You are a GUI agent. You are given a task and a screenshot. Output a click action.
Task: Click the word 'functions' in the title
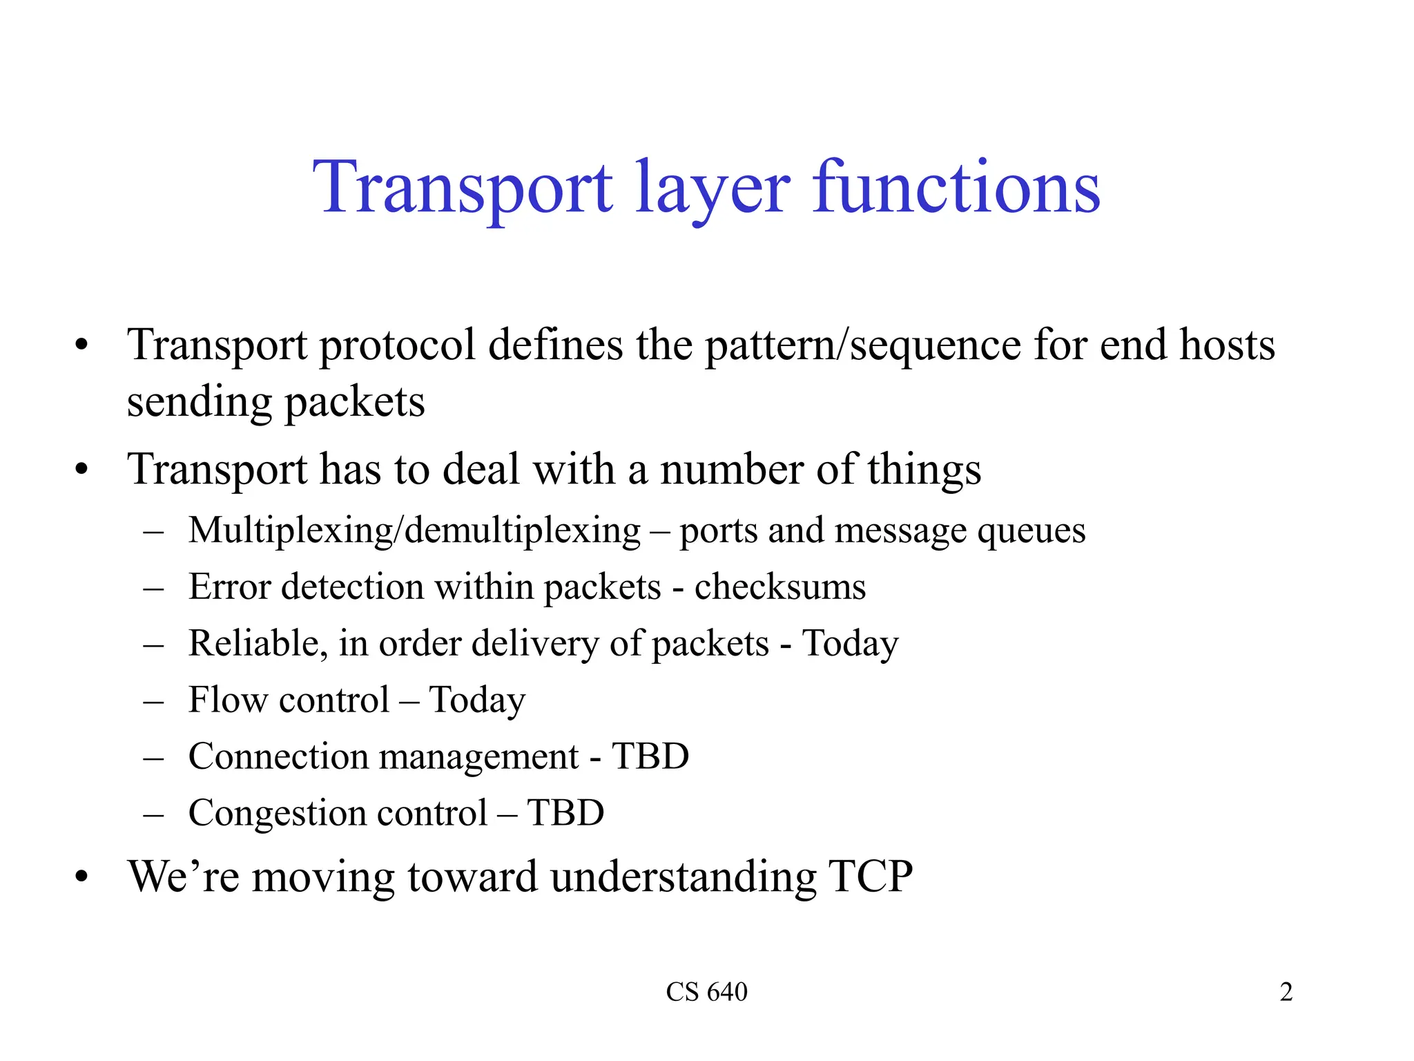tap(956, 187)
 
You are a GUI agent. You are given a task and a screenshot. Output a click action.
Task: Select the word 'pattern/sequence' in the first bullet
tap(862, 345)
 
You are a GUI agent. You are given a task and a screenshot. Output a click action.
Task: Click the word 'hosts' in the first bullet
tap(1227, 345)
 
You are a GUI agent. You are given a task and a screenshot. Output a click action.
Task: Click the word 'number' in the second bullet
tap(731, 470)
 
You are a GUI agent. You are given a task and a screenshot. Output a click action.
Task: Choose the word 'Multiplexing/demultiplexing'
tap(414, 531)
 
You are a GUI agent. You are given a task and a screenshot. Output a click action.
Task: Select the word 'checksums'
tap(779, 587)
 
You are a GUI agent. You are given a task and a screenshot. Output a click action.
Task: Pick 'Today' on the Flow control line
tap(477, 700)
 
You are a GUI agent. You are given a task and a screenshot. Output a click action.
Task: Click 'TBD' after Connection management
tap(650, 756)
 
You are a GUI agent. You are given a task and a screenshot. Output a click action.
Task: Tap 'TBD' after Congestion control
tap(565, 813)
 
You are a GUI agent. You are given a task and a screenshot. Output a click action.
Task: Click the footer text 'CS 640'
tap(706, 992)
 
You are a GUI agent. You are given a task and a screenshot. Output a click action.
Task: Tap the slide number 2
tap(1286, 992)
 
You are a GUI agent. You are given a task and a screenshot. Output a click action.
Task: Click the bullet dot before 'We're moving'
tap(82, 877)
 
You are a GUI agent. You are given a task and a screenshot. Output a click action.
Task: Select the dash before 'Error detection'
tap(153, 588)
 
